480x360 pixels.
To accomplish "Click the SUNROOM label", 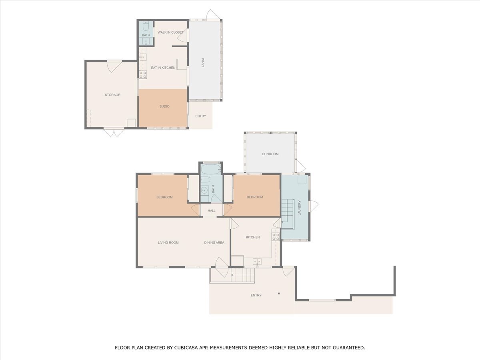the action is (270, 154).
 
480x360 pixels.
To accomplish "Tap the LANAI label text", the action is (203, 62).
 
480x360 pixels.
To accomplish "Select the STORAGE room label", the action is (112, 95).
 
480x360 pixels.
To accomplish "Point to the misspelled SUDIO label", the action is (164, 106).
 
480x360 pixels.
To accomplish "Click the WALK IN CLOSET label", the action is (170, 32).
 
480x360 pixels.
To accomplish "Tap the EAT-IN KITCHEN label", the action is (163, 68).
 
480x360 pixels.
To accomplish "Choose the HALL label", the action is (212, 211).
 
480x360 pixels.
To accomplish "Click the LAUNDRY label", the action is (300, 208).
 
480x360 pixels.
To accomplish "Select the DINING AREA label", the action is (214, 243).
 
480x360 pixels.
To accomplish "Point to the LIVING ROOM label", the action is (168, 243).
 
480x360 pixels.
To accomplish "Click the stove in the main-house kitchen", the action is (276, 237).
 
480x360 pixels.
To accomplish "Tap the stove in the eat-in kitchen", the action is (143, 74).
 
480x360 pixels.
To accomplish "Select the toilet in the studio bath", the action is (146, 27).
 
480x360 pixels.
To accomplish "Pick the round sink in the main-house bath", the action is (204, 190).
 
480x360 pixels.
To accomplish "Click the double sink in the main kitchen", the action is (257, 262).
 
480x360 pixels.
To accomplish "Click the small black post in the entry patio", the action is (279, 294).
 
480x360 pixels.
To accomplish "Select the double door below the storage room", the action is (114, 132).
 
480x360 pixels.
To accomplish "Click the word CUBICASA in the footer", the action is (186, 348).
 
